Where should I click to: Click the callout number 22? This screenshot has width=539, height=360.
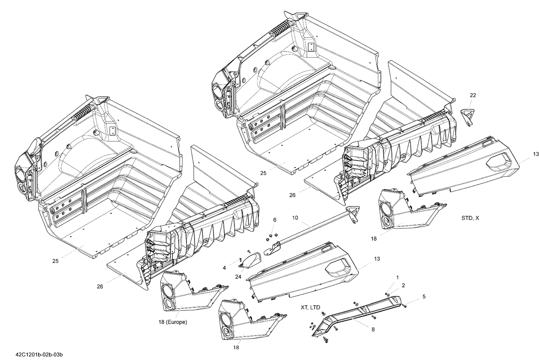[473, 95]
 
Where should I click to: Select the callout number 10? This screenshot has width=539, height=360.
[295, 218]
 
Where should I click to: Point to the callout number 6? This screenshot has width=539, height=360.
[275, 230]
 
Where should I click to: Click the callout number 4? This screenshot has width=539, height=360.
[224, 268]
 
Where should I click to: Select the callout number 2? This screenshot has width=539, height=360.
[403, 285]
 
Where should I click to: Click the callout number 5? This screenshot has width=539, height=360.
[424, 297]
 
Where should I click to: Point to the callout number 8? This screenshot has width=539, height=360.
[373, 329]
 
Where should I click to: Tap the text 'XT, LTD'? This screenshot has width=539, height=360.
[310, 307]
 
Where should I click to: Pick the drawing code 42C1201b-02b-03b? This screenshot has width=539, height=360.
[41, 354]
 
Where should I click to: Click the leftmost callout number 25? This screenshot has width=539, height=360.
[55, 261]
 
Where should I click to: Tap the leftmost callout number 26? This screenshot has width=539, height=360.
[100, 286]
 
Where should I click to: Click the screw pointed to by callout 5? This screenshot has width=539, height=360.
[404, 305]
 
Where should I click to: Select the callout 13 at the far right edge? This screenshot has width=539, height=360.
[536, 154]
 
